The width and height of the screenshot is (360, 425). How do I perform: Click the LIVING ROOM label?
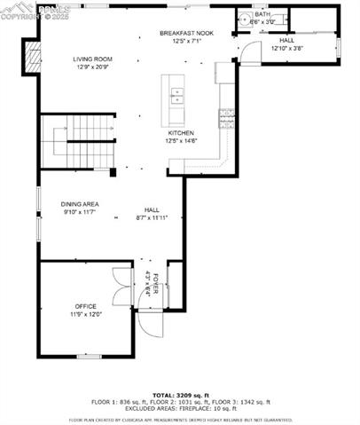click(x=91, y=59)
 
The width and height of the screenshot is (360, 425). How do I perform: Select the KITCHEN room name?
click(x=181, y=133)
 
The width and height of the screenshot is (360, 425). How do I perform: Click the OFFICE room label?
click(x=85, y=306)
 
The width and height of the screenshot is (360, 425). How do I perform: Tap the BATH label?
click(x=262, y=14)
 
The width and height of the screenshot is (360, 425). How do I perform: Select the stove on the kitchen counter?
click(x=226, y=114)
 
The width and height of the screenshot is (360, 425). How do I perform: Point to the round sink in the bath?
click(x=245, y=18)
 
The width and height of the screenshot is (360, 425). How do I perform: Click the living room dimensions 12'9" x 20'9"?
click(x=91, y=67)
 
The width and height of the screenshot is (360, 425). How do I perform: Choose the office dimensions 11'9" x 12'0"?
click(x=86, y=314)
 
